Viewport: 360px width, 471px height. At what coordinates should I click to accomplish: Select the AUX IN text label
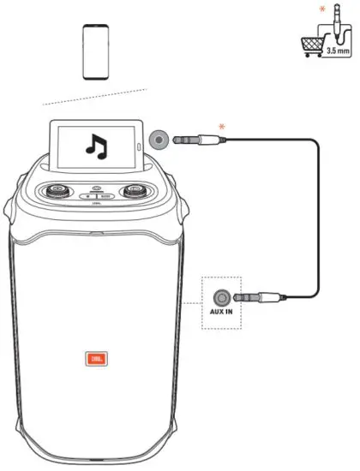coord(221,313)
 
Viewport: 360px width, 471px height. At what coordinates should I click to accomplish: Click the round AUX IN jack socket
coord(223,297)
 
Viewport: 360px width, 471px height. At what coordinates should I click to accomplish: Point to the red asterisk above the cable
coord(222,126)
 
